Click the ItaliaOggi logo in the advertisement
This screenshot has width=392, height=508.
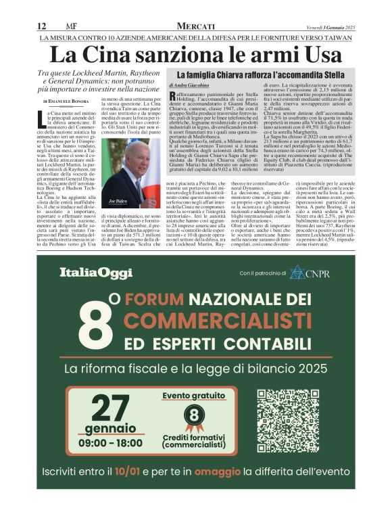[x=88, y=273]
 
